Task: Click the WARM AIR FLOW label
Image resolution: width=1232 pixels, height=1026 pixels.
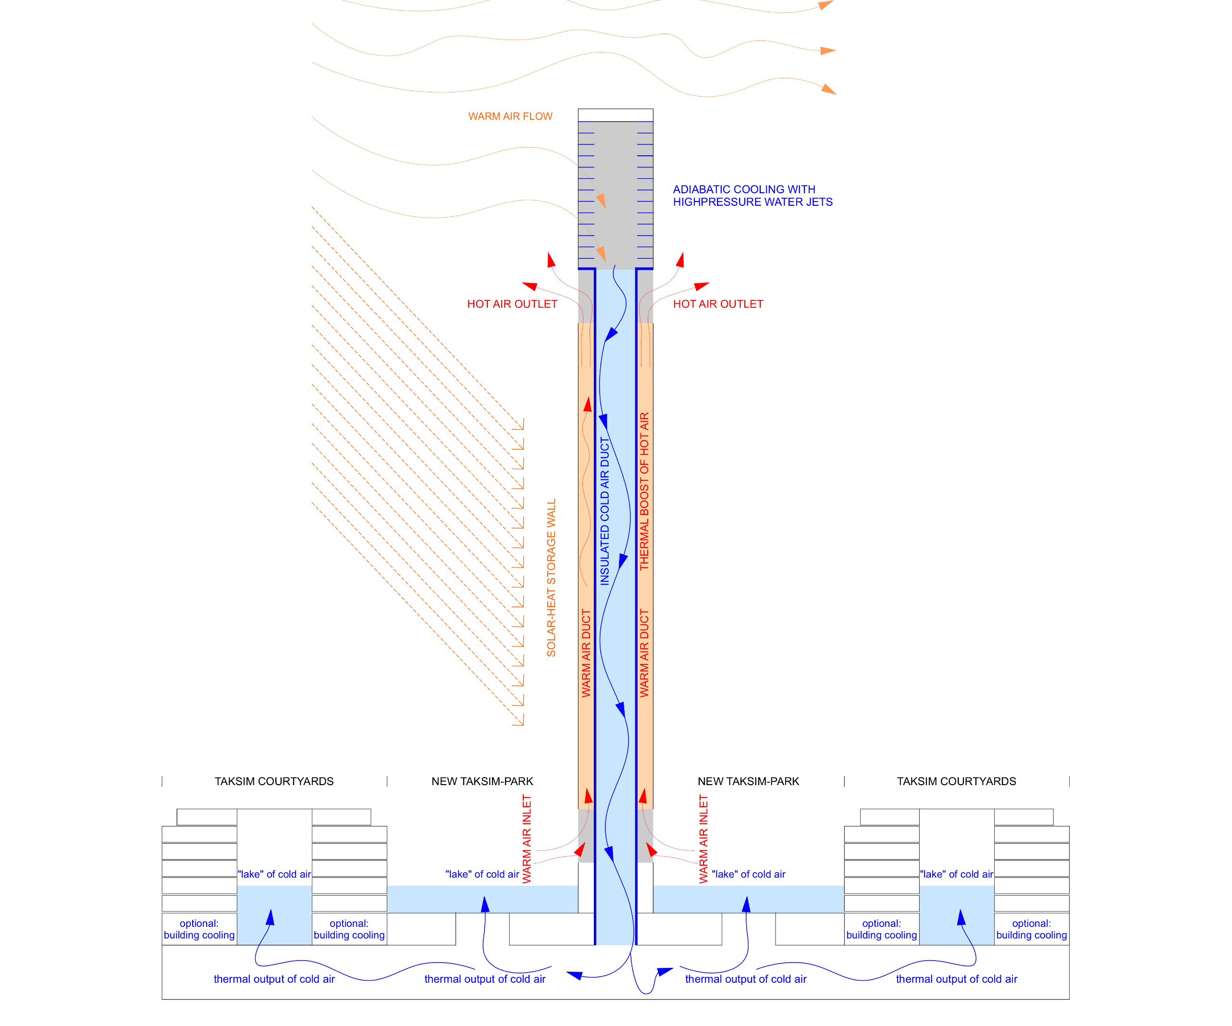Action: (510, 116)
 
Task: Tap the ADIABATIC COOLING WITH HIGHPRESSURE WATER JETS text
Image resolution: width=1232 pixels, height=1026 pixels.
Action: (752, 196)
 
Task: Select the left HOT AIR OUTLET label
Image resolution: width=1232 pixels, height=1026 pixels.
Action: (512, 304)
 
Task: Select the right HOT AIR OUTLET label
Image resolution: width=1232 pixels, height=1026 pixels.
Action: (717, 304)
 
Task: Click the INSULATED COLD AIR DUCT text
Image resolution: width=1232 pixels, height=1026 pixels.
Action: (604, 511)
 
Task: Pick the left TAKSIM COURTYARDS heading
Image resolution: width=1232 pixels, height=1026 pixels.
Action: (274, 781)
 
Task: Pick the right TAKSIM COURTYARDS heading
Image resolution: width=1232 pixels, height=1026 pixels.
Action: (956, 781)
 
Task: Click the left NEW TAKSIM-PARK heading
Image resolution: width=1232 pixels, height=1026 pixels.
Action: (482, 781)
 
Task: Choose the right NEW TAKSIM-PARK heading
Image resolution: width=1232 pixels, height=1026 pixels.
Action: (748, 781)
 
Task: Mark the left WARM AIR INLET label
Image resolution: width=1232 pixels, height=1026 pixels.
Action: (527, 839)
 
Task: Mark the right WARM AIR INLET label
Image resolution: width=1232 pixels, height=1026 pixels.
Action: (703, 839)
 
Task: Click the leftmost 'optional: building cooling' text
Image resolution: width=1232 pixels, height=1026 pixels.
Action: (199, 929)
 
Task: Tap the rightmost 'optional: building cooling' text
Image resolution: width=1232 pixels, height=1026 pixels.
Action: (1031, 929)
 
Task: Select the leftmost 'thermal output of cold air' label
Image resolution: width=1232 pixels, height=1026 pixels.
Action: (274, 979)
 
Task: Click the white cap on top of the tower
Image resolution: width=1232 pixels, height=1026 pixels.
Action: (616, 115)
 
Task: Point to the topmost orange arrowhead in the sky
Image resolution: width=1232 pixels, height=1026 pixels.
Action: (825, 5)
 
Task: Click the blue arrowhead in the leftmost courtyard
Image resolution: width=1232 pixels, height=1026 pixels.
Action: (271, 917)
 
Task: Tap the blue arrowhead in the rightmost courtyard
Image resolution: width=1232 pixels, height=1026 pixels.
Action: (961, 917)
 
